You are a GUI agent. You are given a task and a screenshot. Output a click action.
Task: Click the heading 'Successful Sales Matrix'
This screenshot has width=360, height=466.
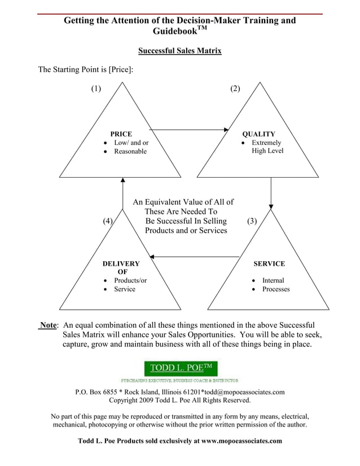point(179,51)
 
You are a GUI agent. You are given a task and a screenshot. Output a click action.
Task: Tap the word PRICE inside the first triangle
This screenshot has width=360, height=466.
point(121,134)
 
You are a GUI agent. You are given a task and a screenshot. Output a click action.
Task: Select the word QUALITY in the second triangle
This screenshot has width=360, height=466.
point(258,134)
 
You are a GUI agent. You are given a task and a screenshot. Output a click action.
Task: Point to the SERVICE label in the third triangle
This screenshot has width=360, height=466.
point(269,263)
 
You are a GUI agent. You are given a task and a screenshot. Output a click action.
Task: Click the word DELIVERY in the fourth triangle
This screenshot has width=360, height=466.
point(121,263)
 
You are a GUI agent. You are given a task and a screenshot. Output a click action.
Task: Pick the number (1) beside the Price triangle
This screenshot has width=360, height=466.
point(96,88)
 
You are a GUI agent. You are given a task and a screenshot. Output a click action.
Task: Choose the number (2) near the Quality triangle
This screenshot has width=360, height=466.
point(235,88)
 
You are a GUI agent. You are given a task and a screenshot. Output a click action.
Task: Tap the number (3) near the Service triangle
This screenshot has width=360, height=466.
point(252,221)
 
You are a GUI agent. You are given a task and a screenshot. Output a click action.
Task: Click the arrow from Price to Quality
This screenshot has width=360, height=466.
point(189,130)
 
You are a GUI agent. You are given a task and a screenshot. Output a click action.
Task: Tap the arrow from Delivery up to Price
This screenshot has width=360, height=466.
point(122,195)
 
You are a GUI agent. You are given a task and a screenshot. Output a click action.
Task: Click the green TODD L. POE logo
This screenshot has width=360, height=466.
point(181,369)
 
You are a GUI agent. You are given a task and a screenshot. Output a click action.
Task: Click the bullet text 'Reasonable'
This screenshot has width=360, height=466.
point(130,151)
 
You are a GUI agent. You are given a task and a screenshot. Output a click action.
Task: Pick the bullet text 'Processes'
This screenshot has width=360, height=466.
point(276,289)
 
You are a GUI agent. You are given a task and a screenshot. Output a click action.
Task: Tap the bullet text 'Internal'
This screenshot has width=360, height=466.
point(273,280)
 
